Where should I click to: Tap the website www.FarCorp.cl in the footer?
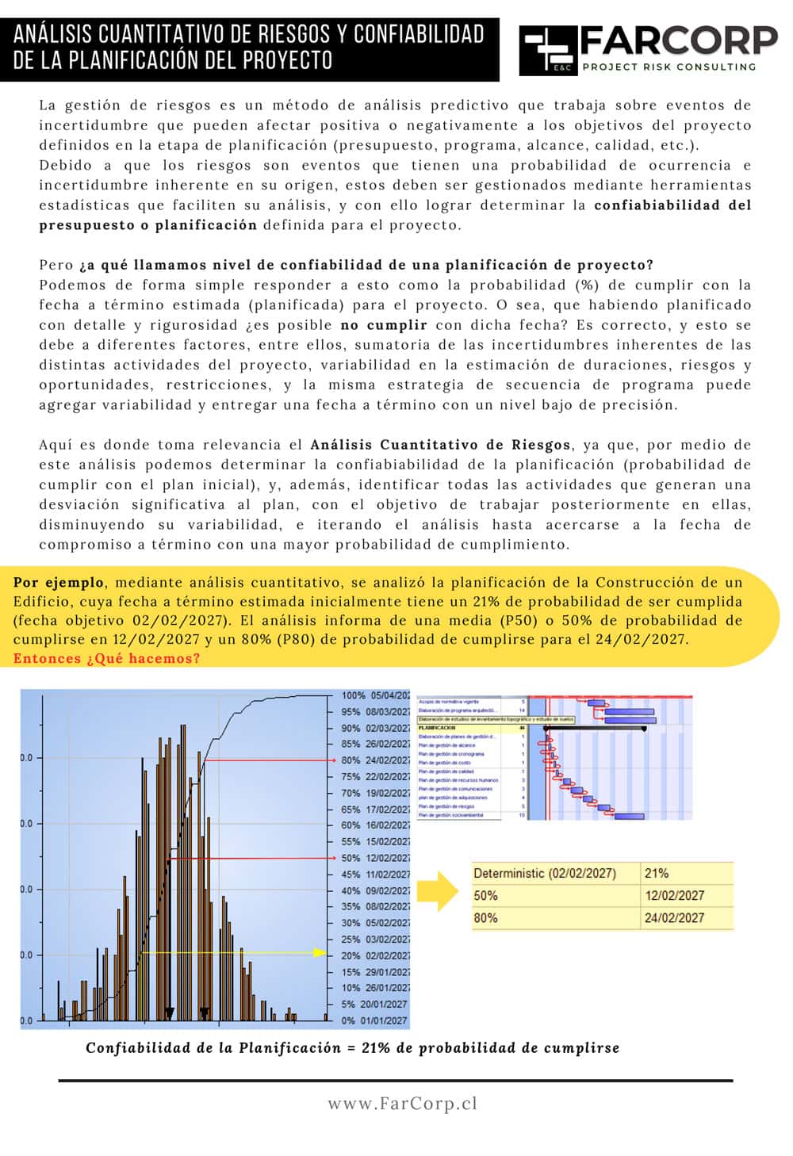(402, 1103)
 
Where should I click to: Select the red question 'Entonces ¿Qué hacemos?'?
(106, 658)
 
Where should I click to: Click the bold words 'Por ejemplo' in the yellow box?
(59, 582)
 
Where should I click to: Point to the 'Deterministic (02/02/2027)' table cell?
(545, 873)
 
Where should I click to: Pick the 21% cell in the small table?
(657, 873)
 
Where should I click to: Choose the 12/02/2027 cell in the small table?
(674, 895)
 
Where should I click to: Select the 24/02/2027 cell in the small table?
(674, 917)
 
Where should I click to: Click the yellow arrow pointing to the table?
(437, 891)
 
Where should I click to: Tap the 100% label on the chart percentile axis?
(375, 695)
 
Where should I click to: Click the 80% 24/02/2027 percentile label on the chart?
(375, 760)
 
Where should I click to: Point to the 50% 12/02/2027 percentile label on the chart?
(375, 858)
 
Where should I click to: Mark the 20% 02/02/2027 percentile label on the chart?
(375, 955)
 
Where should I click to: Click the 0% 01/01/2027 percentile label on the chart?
(375, 1020)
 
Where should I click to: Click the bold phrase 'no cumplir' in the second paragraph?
(384, 324)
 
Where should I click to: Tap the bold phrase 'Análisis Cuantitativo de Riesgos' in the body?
(439, 444)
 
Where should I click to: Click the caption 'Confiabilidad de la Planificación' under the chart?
(213, 1047)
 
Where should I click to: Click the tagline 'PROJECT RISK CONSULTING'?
(668, 67)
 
